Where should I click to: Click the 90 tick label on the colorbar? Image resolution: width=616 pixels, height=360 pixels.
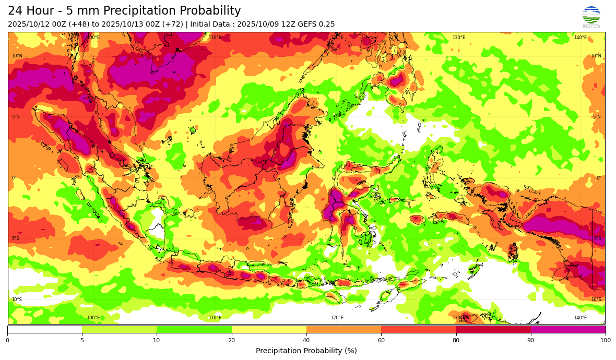531,341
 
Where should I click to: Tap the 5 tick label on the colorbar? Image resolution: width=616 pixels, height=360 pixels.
82,341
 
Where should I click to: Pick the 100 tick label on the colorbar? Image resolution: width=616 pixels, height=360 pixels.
606,341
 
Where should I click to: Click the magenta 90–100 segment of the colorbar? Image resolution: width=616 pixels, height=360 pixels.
568,330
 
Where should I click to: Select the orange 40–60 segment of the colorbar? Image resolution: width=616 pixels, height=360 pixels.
343,330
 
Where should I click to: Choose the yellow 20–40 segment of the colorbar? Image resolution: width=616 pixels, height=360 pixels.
269,330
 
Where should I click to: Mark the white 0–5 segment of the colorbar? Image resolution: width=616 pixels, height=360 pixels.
44,330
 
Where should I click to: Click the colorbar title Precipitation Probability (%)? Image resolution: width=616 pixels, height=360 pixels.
306,351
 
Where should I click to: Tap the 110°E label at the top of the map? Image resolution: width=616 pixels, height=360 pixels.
215,38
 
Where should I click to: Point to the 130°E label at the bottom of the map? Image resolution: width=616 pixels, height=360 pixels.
458,318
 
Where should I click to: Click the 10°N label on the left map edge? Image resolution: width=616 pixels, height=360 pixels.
17,56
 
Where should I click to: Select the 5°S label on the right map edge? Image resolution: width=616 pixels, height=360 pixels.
597,238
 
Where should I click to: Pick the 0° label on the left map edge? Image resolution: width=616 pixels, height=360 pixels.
14,178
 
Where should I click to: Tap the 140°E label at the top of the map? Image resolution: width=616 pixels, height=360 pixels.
580,38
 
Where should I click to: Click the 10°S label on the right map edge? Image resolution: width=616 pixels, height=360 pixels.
596,299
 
